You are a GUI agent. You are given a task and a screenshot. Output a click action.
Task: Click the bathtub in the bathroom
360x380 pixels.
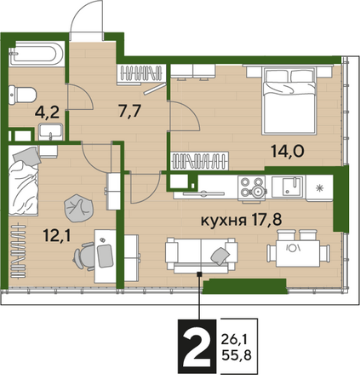coord(37,54)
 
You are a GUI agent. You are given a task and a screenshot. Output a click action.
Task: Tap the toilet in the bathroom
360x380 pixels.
coord(22,95)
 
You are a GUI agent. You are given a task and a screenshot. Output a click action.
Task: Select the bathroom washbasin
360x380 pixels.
coord(50,132)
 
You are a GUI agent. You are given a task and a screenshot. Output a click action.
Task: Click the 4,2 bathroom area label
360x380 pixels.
coord(47,112)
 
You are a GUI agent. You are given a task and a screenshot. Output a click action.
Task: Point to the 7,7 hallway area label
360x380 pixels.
coord(129,111)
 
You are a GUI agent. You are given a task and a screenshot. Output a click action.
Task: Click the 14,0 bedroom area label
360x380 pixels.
coord(288,151)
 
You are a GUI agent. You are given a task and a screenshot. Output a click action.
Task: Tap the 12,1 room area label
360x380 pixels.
coord(56,235)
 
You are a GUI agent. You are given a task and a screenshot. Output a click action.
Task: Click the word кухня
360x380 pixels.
coord(224,221)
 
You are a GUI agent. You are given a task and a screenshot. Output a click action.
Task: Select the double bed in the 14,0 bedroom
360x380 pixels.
coord(289,101)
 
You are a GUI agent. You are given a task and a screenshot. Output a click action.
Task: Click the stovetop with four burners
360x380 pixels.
coord(252,188)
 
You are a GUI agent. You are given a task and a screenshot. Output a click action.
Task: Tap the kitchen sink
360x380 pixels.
coord(288,187)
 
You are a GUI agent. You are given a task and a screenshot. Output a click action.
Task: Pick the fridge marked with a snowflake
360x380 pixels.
coord(320,188)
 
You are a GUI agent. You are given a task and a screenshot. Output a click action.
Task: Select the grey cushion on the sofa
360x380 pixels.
coord(220,256)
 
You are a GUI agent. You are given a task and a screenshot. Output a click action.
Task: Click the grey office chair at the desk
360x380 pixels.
coord(85,256)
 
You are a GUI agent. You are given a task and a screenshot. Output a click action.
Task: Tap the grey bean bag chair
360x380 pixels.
coord(78,208)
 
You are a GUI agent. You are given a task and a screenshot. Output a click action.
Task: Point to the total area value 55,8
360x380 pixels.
coord(237,355)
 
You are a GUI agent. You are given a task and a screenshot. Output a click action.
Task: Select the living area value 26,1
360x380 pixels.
coord(235,339)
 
